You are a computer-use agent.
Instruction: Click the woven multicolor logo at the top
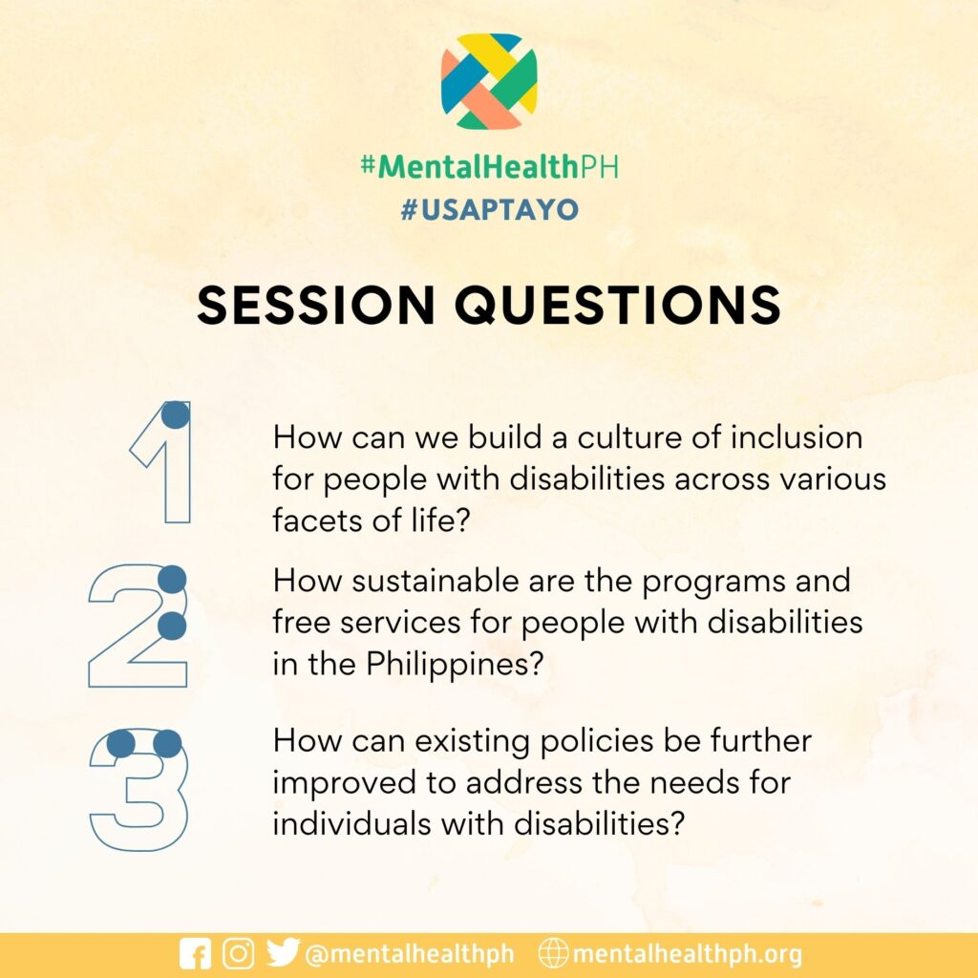489,81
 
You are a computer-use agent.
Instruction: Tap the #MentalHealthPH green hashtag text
490,166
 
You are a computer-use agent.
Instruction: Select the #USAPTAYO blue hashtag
490,209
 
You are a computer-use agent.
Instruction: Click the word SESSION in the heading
316,305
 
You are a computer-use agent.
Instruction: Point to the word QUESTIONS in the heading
618,305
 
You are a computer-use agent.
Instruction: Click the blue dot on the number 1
176,415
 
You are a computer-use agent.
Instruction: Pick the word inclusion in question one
797,437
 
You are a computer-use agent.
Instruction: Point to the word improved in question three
345,783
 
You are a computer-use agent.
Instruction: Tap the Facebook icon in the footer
195,954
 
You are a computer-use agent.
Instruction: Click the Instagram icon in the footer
238,954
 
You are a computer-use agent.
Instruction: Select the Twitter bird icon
283,952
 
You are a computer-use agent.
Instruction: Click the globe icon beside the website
553,954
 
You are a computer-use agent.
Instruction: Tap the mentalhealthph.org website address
688,954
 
